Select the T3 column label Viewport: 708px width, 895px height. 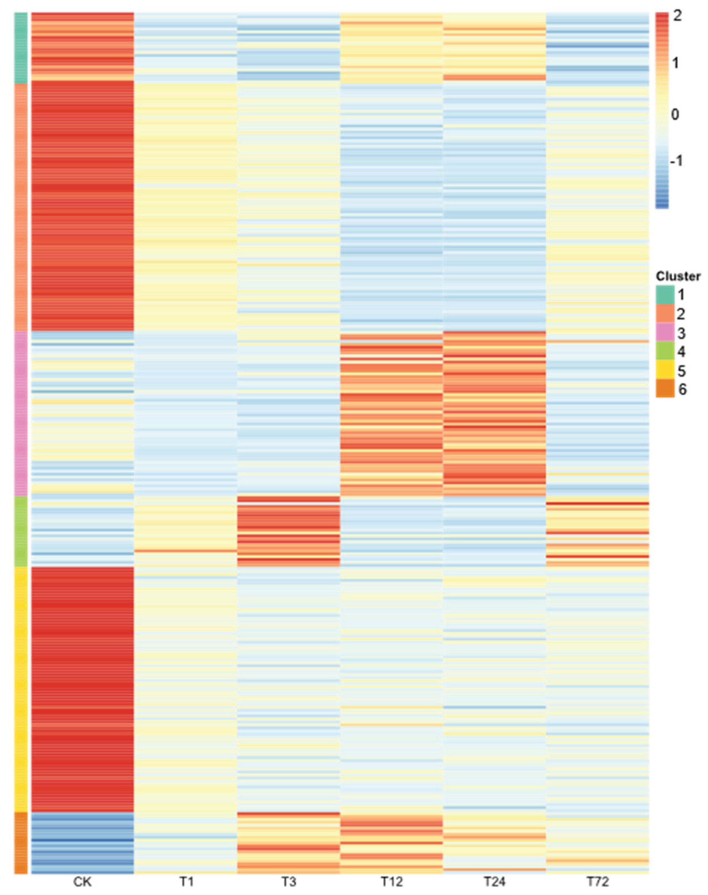[x=289, y=882]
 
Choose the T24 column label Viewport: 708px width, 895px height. [x=494, y=882]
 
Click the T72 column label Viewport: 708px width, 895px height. [x=597, y=882]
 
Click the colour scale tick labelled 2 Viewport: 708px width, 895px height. [x=677, y=16]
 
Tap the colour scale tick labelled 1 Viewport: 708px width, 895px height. [x=676, y=63]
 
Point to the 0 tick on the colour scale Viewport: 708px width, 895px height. [x=675, y=114]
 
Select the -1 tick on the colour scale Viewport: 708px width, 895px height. [x=676, y=161]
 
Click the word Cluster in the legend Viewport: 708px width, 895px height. [x=678, y=276]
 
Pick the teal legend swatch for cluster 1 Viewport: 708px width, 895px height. [x=665, y=295]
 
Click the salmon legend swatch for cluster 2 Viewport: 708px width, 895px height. [x=665, y=314]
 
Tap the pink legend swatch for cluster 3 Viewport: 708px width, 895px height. [x=665, y=333]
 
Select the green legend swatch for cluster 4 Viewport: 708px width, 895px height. [x=665, y=351]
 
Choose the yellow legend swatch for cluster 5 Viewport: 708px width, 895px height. [x=665, y=370]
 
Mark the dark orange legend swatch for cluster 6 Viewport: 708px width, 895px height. [x=665, y=389]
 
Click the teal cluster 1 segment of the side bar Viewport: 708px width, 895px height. [x=21, y=47]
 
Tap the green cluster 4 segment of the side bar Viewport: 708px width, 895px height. [x=21, y=531]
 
